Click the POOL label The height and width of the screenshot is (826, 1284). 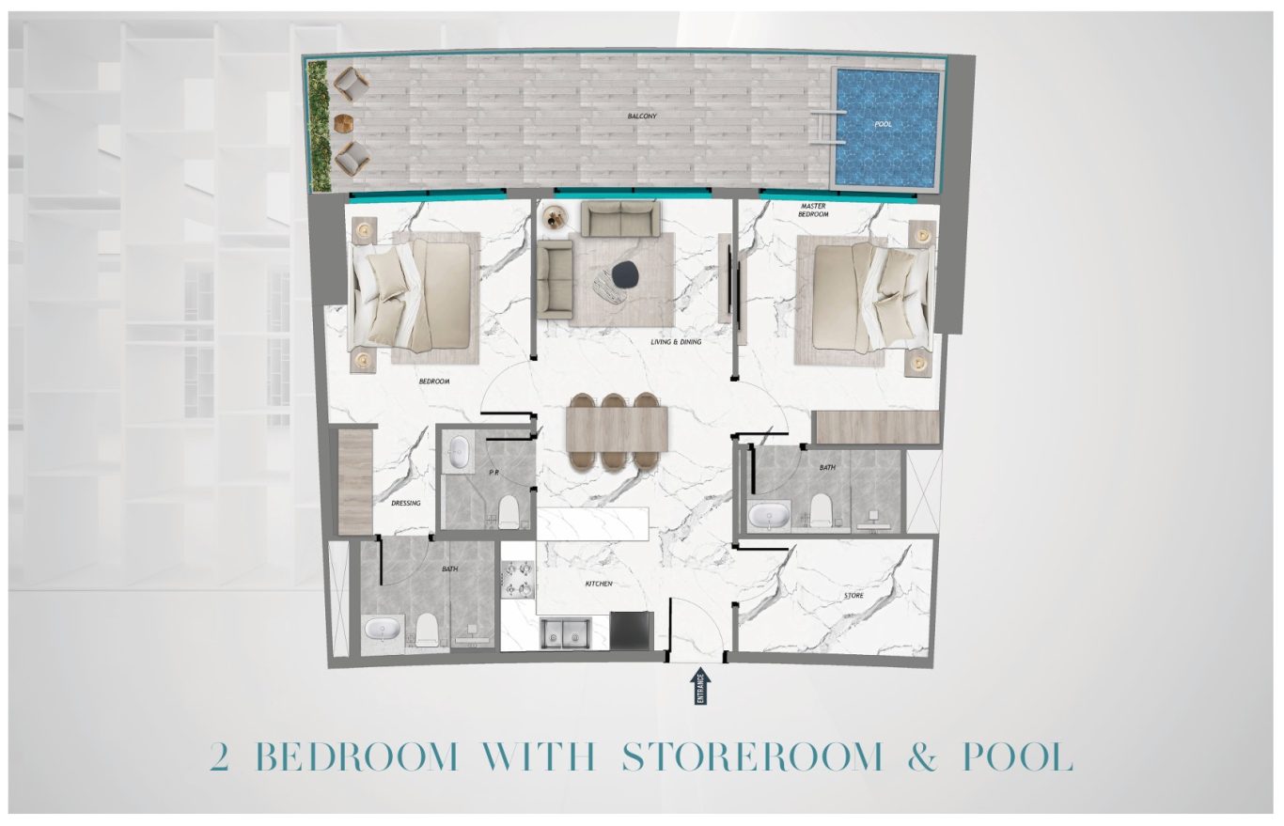click(883, 124)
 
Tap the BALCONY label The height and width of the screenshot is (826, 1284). click(641, 117)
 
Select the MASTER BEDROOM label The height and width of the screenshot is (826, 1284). click(813, 210)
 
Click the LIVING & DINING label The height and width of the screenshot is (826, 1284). click(676, 342)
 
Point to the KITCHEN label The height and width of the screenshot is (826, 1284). click(599, 584)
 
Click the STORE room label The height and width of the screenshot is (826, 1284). click(853, 596)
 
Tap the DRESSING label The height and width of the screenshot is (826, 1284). click(406, 504)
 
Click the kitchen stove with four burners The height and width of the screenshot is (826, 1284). click(518, 580)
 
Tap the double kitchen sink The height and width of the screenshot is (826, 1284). click(565, 634)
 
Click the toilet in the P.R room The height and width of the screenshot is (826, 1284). click(508, 511)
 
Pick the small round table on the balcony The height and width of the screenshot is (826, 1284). click(343, 123)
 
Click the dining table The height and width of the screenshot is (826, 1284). click(617, 429)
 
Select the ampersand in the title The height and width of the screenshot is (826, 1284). click(923, 756)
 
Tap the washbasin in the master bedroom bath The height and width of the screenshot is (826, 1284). click(769, 516)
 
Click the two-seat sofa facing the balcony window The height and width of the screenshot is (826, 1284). click(620, 218)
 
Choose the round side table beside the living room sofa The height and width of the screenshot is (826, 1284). click(555, 218)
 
